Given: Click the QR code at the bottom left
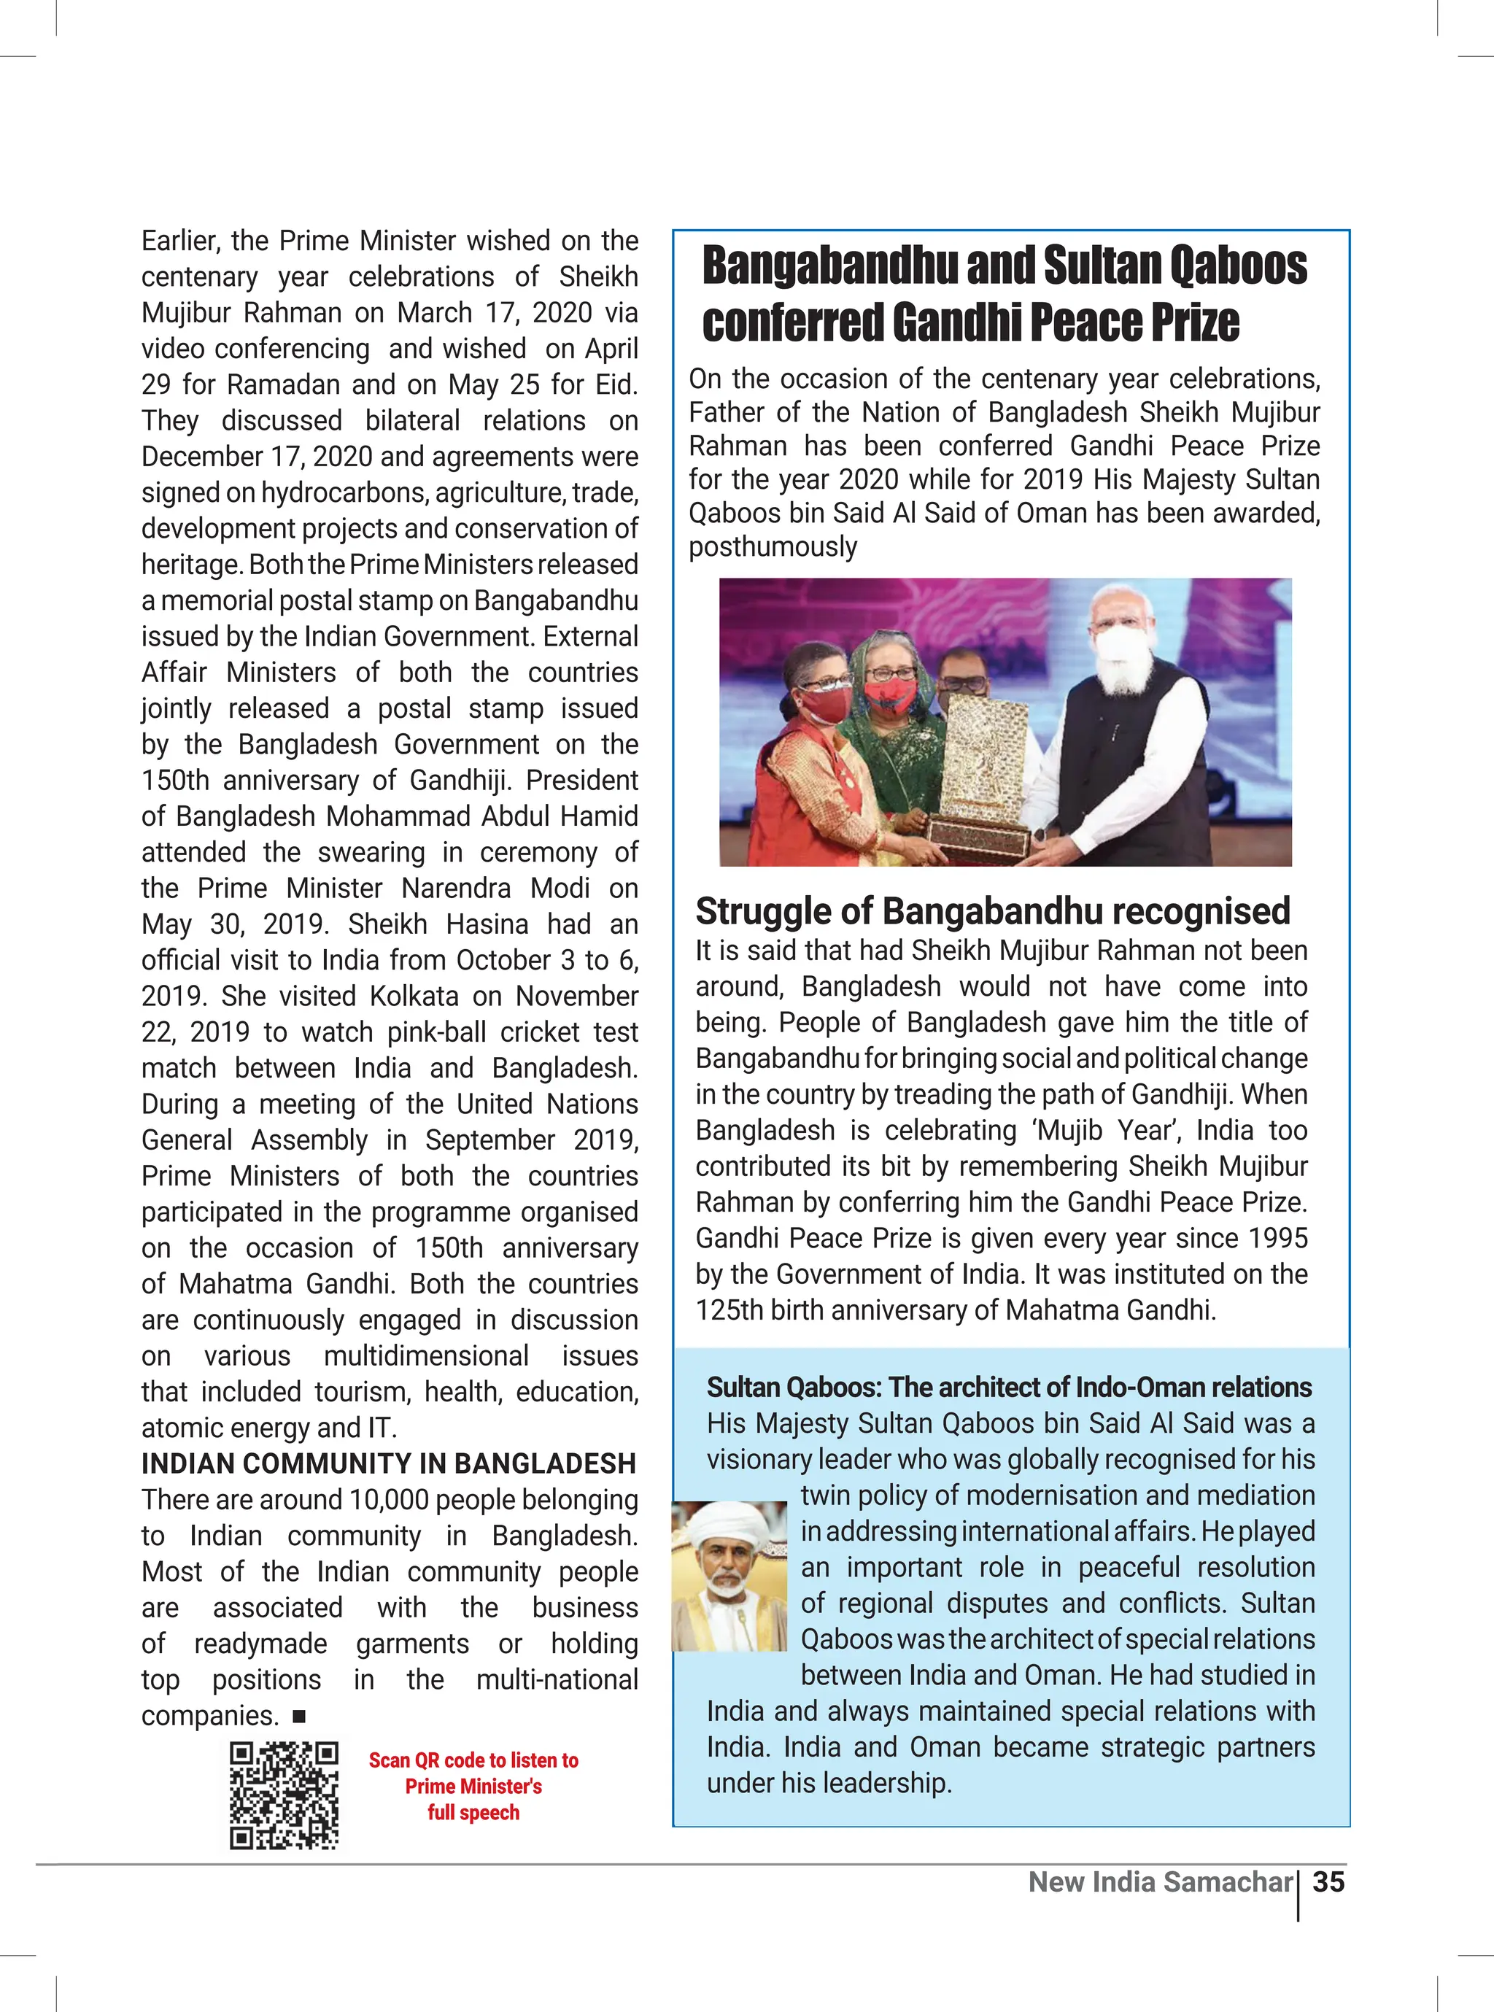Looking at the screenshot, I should (284, 1796).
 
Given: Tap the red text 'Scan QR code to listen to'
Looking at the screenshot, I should (473, 1760).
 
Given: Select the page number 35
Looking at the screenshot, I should (1328, 1882).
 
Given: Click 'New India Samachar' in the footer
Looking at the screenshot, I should (1161, 1882).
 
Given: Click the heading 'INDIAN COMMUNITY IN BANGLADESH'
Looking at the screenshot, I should (389, 1464).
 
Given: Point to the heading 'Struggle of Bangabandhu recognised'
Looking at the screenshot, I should (992, 911).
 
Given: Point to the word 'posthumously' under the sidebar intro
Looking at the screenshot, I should (773, 547).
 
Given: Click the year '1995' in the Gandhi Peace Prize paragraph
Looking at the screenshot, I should (1276, 1238).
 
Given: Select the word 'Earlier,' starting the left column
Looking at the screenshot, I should (178, 241).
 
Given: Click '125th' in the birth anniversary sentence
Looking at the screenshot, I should (729, 1310).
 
